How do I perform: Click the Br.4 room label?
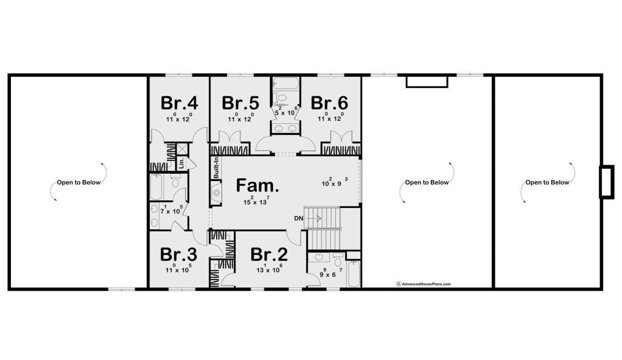pos(179,103)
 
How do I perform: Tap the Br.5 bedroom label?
pos(241,103)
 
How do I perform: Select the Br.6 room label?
pos(329,103)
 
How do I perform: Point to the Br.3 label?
pos(178,254)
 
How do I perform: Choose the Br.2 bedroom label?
pos(269,254)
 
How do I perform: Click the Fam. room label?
pos(258,185)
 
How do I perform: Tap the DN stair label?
pos(299,218)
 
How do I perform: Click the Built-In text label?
pos(216,168)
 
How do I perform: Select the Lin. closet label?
pos(181,163)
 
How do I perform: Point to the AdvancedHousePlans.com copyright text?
pos(423,284)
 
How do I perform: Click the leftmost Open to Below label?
pos(79,183)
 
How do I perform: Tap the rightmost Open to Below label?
pos(547,183)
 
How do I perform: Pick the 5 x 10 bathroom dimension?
pos(286,111)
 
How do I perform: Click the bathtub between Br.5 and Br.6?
pos(286,84)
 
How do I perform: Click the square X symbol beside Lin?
pos(182,149)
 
